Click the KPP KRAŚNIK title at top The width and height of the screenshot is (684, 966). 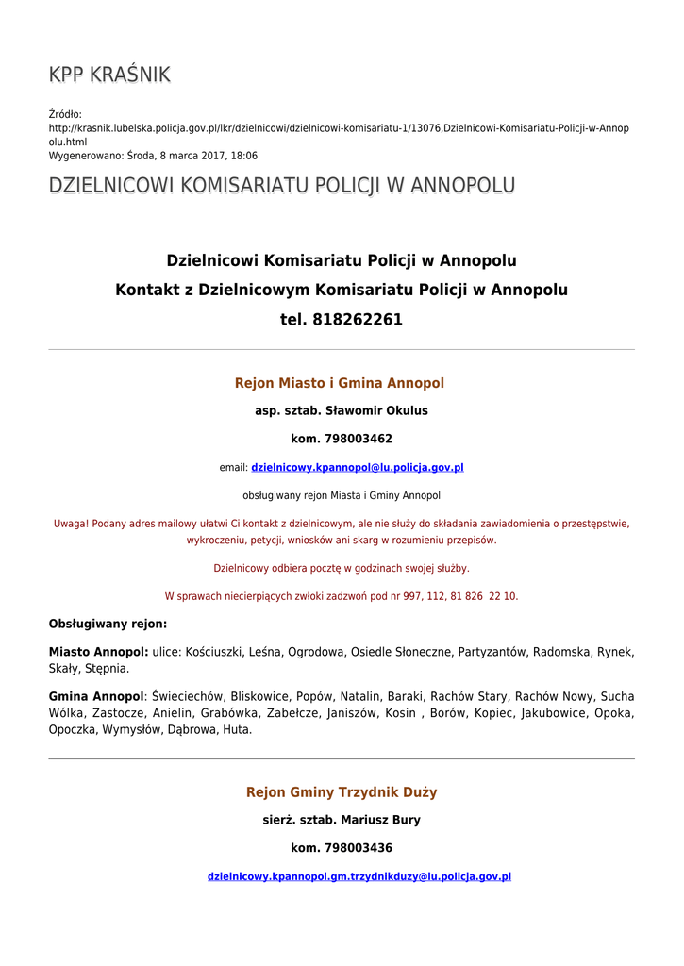pyautogui.click(x=109, y=75)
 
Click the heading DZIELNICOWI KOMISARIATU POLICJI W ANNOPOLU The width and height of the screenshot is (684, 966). pyautogui.click(x=281, y=186)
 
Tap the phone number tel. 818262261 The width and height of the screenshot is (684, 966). pyautogui.click(x=341, y=320)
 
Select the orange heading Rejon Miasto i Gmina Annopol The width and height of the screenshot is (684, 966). pyautogui.click(x=340, y=383)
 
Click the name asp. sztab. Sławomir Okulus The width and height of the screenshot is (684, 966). pyautogui.click(x=341, y=411)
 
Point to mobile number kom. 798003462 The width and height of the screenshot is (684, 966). pyautogui.click(x=341, y=439)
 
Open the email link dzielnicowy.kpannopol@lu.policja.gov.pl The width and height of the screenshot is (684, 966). pyautogui.click(x=357, y=467)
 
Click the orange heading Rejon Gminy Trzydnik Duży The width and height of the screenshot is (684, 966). pyautogui.click(x=341, y=792)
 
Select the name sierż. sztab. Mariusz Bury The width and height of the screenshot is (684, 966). pyautogui.click(x=341, y=821)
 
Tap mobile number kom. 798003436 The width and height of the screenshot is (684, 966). pyautogui.click(x=341, y=848)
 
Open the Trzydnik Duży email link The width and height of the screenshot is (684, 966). pyautogui.click(x=359, y=876)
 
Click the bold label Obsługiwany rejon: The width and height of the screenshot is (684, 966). pyautogui.click(x=108, y=624)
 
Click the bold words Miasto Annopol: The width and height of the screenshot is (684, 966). pyautogui.click(x=98, y=652)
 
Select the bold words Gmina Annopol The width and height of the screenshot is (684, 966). pyautogui.click(x=95, y=696)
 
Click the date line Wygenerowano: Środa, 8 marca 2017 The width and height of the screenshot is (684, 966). pyautogui.click(x=153, y=156)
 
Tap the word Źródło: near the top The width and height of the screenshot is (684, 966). pyautogui.click(x=65, y=114)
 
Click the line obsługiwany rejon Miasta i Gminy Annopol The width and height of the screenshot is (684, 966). pyautogui.click(x=341, y=495)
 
